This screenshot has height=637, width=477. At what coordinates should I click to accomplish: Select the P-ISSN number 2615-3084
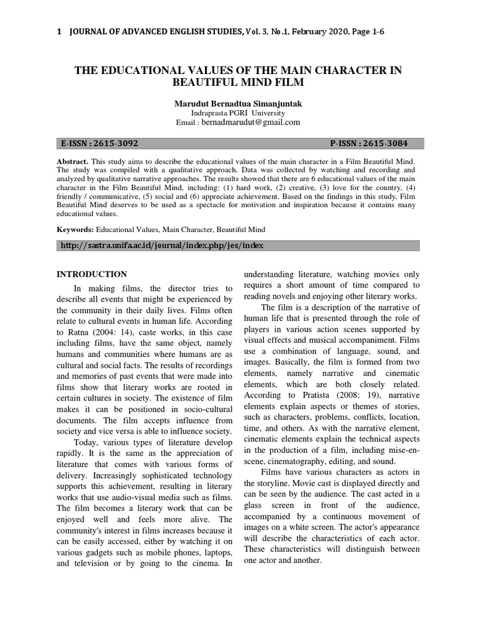[x=386, y=143]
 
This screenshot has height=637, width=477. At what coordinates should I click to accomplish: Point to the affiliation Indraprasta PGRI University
[x=238, y=113]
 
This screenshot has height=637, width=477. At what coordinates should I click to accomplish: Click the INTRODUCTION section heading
[x=92, y=274]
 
